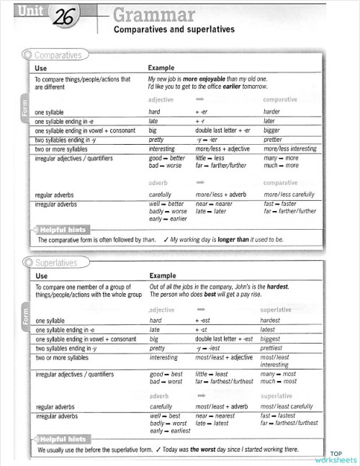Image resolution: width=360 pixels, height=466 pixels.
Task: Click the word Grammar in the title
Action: click(154, 15)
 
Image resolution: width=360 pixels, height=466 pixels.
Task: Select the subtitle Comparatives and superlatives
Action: click(174, 30)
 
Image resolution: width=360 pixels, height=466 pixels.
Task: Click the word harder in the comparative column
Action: click(271, 112)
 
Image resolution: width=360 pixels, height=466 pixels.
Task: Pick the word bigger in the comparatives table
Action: click(272, 130)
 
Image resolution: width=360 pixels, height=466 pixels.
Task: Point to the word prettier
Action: click(273, 140)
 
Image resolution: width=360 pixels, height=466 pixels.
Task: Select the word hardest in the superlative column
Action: click(270, 320)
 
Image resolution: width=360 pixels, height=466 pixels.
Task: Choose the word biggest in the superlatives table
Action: click(271, 339)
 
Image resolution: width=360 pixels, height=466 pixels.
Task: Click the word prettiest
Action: click(272, 348)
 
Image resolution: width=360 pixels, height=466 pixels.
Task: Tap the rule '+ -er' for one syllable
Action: click(202, 112)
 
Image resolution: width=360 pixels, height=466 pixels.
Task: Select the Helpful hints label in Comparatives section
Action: click(63, 230)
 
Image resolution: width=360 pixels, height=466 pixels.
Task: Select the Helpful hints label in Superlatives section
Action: click(63, 439)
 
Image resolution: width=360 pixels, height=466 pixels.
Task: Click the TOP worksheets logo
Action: click(336, 456)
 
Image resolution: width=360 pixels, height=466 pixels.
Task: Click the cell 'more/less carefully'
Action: click(289, 194)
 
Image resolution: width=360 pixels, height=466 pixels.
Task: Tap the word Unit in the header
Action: click(30, 10)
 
